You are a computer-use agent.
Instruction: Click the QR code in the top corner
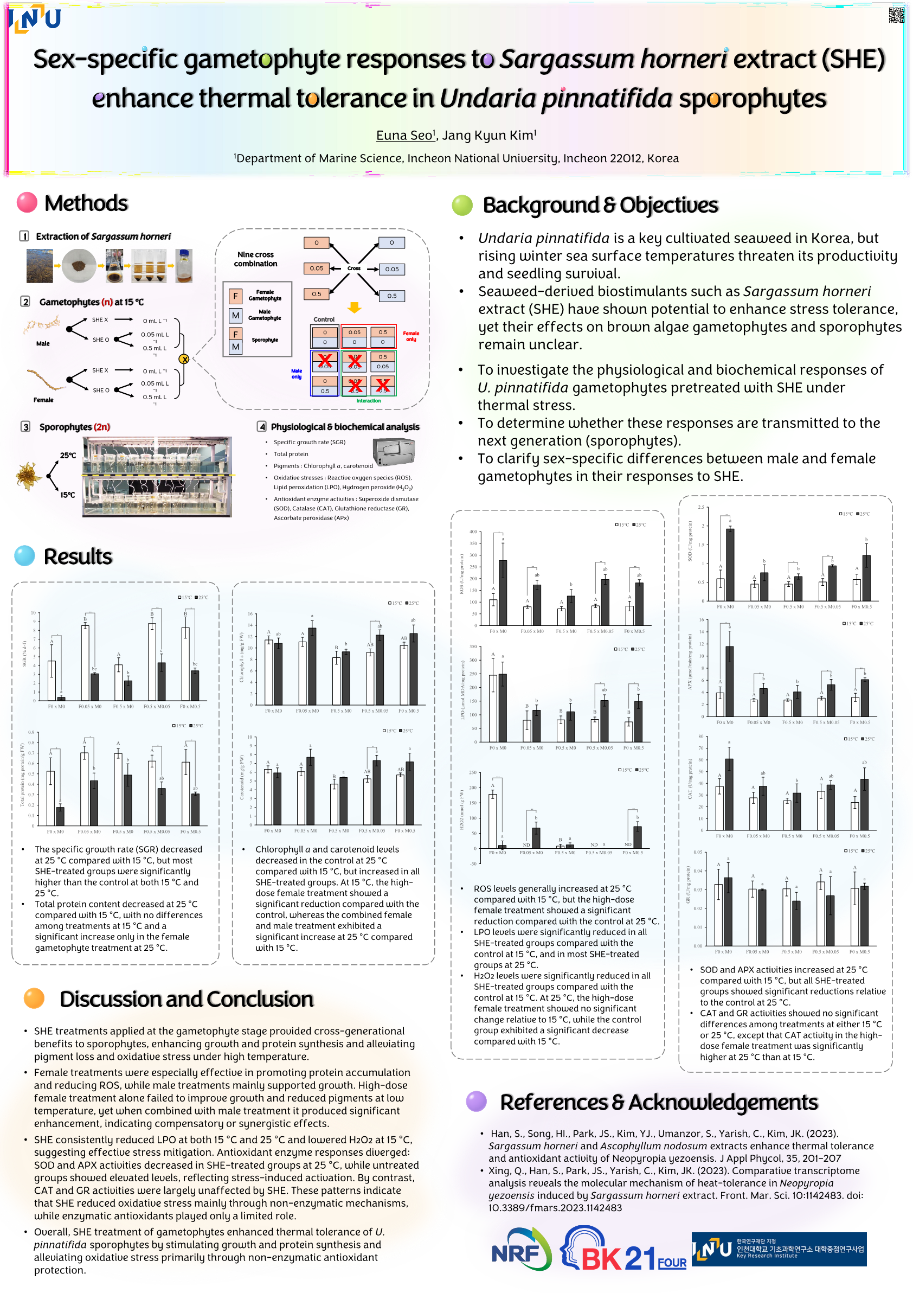point(896,15)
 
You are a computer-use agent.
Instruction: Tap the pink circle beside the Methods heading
point(27,203)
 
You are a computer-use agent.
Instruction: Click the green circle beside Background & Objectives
point(462,206)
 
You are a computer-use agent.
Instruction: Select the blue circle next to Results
point(25,556)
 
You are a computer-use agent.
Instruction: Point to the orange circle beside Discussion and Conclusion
point(34,998)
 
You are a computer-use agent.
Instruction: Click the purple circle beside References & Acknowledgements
point(476,1101)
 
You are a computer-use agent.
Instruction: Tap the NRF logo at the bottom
point(520,1249)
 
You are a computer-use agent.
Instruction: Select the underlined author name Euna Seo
point(404,136)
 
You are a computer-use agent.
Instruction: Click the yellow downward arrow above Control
point(354,308)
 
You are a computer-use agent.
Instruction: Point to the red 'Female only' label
point(411,336)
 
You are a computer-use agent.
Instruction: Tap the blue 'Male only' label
point(297,374)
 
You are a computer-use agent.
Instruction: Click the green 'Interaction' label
point(369,401)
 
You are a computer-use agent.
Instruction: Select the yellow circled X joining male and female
point(184,359)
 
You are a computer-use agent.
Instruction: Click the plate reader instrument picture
point(394,451)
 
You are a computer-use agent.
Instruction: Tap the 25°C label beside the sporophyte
point(68,455)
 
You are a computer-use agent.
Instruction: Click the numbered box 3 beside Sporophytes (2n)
point(25,427)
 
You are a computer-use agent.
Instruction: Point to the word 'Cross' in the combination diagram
point(354,268)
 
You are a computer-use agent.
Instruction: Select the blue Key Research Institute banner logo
point(779,1249)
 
